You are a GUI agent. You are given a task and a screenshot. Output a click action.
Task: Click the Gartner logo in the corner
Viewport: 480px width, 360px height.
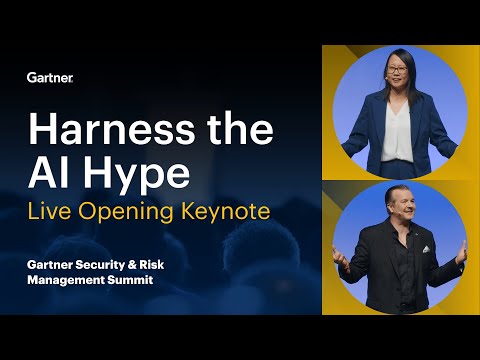[x=49, y=77]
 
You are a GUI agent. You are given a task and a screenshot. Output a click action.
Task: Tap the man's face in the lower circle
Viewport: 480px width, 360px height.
[x=397, y=207]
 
